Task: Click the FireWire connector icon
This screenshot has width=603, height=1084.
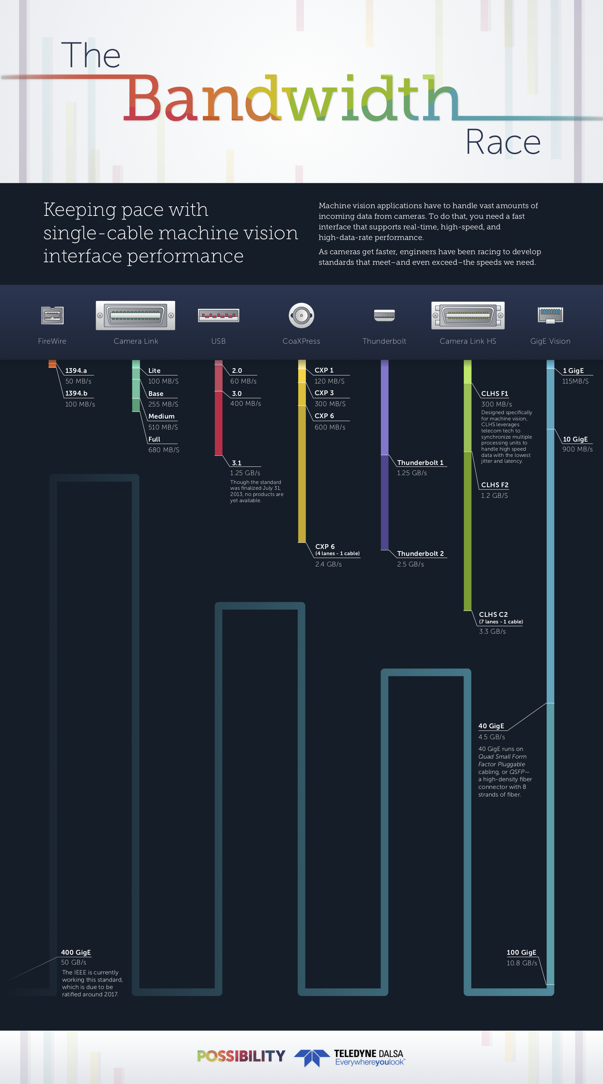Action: (x=52, y=315)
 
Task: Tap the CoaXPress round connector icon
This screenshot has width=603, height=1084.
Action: (x=301, y=315)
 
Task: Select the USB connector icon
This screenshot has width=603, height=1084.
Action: (x=219, y=315)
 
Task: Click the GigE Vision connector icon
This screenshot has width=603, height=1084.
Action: (x=550, y=314)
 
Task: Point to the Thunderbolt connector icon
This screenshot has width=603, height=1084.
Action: (x=384, y=315)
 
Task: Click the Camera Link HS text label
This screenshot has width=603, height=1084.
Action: (x=467, y=341)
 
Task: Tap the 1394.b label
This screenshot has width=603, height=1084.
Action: (x=76, y=393)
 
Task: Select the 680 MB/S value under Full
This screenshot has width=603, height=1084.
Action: (x=163, y=450)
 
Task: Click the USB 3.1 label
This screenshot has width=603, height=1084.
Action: (x=237, y=462)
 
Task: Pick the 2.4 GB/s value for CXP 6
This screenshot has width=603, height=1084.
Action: (x=328, y=564)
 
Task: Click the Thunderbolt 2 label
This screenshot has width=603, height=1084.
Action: (x=420, y=553)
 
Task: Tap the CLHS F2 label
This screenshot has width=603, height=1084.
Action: (x=494, y=485)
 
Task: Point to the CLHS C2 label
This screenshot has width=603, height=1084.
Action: (x=493, y=614)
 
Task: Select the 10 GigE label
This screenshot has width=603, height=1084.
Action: (x=575, y=439)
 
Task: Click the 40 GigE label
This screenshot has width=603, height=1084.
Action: (x=491, y=726)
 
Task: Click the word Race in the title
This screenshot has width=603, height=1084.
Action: (x=503, y=142)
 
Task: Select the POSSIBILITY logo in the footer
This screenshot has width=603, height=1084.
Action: (x=241, y=1056)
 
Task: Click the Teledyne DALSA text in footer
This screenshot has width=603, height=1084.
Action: (x=368, y=1054)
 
